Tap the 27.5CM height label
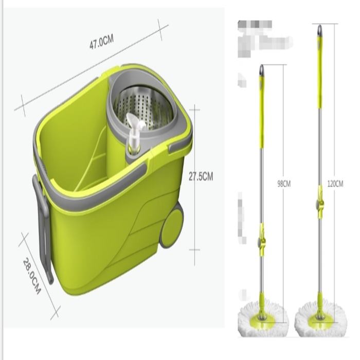201,177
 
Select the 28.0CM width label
32,275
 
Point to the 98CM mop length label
284,184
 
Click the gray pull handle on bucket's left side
43,226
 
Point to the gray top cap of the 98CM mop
261,70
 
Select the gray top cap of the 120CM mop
319,30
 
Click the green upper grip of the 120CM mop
319,72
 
